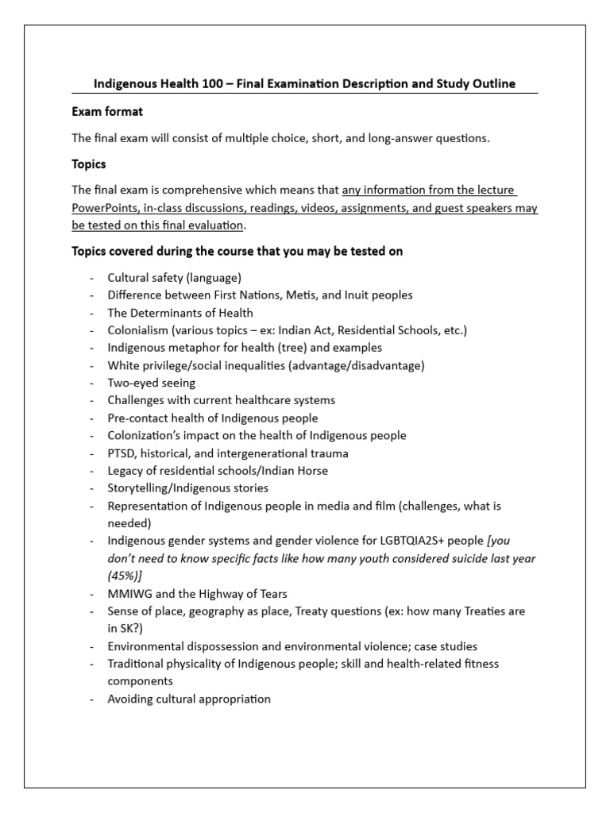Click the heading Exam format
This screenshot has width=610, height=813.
[107, 112]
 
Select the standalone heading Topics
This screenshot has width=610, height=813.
[89, 164]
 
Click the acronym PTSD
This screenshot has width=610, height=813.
[122, 453]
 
